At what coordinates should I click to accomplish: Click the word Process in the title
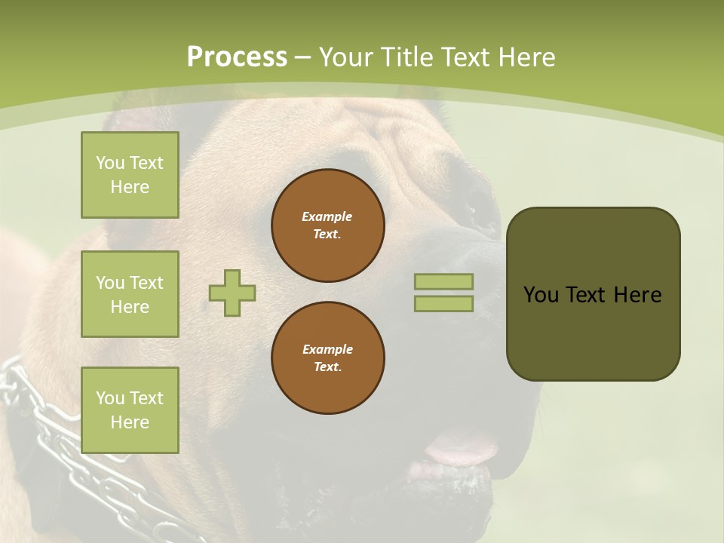coord(237,57)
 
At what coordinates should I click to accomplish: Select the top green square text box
coord(130,175)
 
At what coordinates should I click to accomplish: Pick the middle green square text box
coord(130,294)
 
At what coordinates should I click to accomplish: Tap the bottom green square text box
coord(130,410)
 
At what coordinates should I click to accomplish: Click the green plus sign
coord(232,293)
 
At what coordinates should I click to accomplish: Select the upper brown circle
coord(327,225)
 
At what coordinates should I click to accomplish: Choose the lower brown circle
coord(327,358)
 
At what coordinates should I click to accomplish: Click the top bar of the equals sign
coord(443,281)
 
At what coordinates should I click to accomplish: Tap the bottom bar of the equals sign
coord(443,303)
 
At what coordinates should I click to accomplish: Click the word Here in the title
coord(527,57)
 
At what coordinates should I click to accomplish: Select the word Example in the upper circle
coord(327,216)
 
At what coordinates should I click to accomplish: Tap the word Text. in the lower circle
coord(327,367)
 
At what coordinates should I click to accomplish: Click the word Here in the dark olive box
coord(637,295)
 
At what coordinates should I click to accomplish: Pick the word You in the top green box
coord(110,163)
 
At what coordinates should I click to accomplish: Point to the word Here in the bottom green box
coord(130,422)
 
